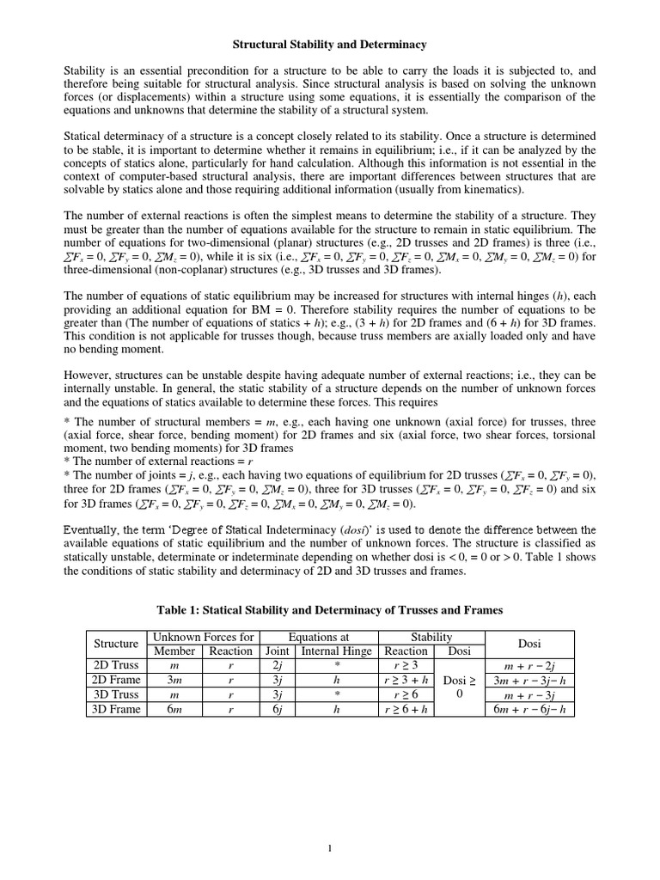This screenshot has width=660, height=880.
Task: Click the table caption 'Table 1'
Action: (x=330, y=609)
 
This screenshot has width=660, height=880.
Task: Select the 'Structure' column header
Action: (x=116, y=643)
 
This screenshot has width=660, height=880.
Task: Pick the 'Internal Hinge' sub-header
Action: (x=336, y=651)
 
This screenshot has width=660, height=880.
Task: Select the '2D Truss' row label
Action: (x=116, y=665)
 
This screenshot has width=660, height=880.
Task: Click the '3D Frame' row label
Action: (x=116, y=709)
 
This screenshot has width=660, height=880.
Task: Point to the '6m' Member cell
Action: (x=174, y=709)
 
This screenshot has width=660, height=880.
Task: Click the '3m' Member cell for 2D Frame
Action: (x=174, y=680)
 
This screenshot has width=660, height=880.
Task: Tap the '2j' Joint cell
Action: (x=277, y=665)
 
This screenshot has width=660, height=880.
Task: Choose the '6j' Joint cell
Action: (x=277, y=709)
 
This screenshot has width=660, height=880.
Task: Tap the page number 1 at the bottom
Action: (x=330, y=849)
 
